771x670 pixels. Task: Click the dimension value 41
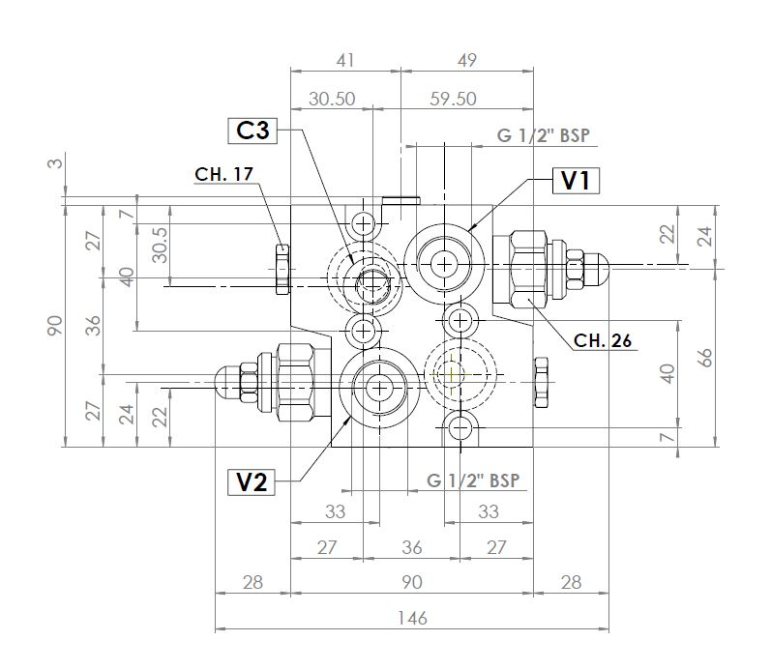pos(344,60)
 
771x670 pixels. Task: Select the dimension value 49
pos(467,60)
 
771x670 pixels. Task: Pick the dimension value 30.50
pos(330,99)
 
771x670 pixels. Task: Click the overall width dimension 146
pos(411,618)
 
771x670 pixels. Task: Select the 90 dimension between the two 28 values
pos(411,582)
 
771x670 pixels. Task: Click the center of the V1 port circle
pos(445,263)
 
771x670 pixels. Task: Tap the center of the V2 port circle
pos(376,388)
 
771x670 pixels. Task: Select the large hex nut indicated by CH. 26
pos(528,265)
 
